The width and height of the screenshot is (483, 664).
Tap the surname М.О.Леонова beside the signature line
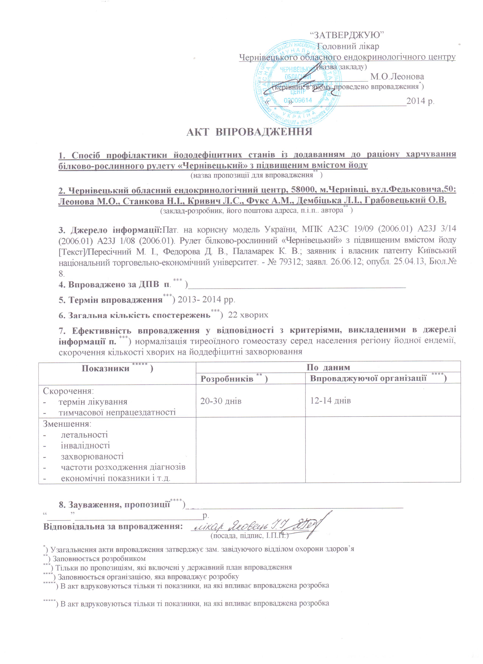tap(397, 77)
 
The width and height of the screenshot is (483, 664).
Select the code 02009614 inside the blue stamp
tap(298, 100)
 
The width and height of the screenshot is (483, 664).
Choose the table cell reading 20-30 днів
tap(221, 401)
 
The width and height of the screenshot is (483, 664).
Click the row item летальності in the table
tap(84, 435)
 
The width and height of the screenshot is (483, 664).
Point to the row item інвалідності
tap(85, 446)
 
